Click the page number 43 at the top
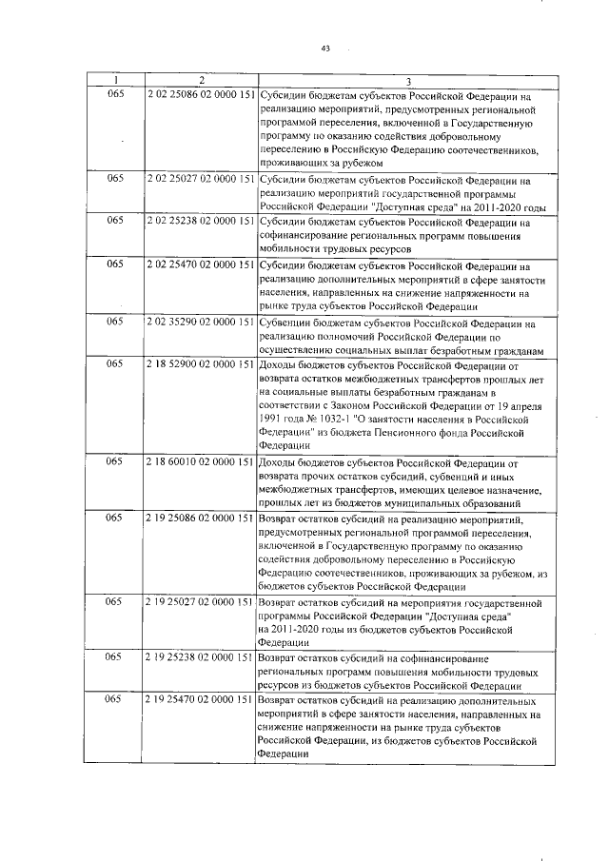point(325,48)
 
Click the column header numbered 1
point(116,82)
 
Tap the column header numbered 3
point(407,82)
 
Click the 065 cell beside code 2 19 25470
point(116,699)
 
